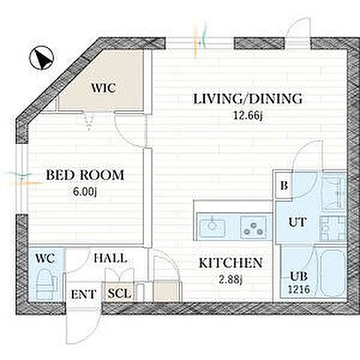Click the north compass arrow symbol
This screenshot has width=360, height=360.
[x=41, y=58]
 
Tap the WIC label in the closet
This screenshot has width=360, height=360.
[x=103, y=88]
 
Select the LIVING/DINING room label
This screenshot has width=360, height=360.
[x=247, y=99]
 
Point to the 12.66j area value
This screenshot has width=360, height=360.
[x=247, y=115]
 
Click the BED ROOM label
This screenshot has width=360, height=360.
[x=85, y=175]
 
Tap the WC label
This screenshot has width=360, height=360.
[x=45, y=258]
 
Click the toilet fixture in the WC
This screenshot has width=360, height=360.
[x=46, y=284]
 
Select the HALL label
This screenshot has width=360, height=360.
[x=110, y=258]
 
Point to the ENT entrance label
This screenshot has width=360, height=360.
[x=83, y=295]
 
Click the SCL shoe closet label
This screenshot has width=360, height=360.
[x=119, y=293]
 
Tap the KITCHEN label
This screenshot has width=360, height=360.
[x=230, y=263]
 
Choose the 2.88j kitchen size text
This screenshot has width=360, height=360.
[x=230, y=280]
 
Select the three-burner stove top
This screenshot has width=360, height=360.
[x=253, y=227]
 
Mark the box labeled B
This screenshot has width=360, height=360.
[x=283, y=185]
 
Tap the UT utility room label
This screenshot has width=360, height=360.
[x=298, y=222]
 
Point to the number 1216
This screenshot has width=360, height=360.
[x=299, y=289]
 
